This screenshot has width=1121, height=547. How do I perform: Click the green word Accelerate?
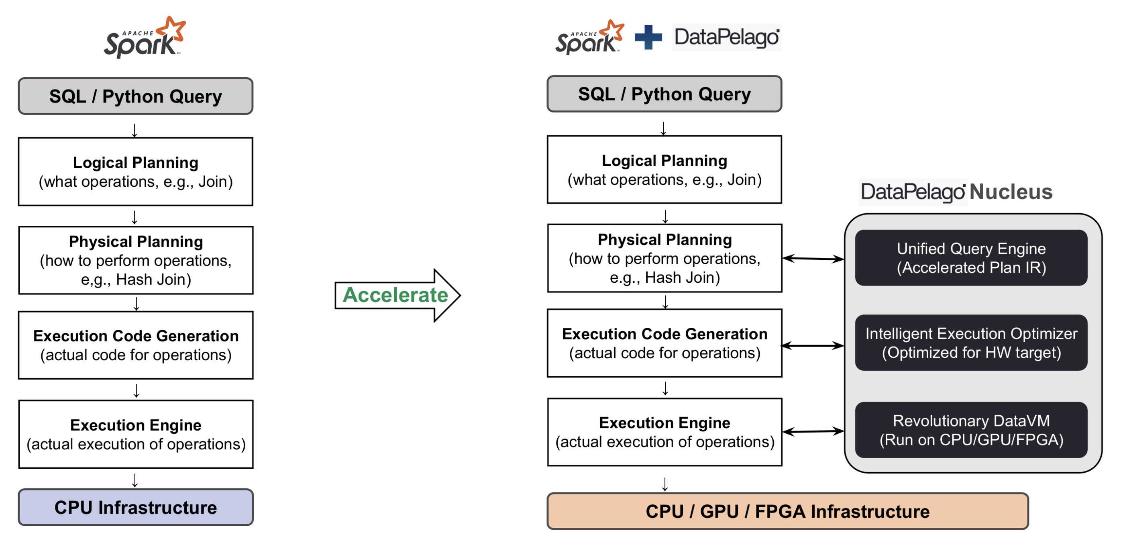(395, 295)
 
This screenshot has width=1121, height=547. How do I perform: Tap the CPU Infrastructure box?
(135, 507)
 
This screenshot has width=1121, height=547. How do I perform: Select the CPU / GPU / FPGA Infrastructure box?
(787, 511)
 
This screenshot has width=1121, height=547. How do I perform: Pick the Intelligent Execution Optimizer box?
(971, 343)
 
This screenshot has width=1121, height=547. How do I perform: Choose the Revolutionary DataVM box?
(971, 430)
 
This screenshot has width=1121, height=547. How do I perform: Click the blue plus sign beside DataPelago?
(648, 37)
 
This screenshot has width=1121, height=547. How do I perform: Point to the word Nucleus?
(1011, 192)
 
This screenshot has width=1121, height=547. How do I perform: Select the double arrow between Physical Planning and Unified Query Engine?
(813, 259)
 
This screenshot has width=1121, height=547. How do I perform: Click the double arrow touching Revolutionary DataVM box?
(813, 432)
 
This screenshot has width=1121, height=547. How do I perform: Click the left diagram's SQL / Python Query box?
(135, 96)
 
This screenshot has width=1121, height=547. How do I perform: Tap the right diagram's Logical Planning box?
(664, 170)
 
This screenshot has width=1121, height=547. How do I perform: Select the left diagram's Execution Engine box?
(136, 434)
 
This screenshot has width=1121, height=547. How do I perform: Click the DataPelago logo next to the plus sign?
(726, 37)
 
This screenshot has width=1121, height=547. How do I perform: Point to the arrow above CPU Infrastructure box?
(135, 480)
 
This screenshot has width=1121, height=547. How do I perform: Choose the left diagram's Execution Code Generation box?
(136, 345)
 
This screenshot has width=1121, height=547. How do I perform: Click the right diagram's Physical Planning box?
(664, 258)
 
